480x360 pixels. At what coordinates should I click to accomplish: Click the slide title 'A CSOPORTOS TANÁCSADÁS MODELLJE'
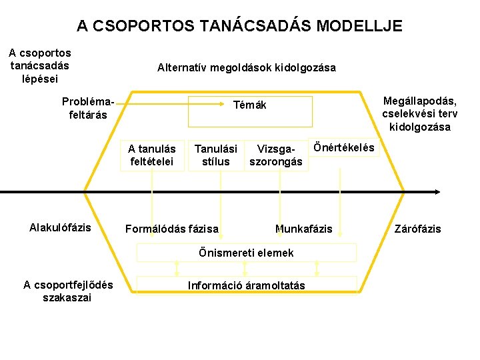239,26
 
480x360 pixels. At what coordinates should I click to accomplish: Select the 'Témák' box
250,111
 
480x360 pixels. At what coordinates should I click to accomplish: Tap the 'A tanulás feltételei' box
151,155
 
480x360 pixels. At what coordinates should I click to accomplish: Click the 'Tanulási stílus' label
215,155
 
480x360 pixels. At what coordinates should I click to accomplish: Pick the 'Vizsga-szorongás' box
275,155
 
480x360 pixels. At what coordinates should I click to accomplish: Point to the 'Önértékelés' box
343,147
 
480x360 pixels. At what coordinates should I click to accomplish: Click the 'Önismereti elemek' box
247,253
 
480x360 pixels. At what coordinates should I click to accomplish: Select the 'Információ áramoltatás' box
247,285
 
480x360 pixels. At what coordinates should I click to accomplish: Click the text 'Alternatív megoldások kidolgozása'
247,67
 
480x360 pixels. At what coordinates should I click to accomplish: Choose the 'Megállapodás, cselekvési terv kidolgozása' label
420,114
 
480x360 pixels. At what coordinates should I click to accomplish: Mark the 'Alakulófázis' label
60,227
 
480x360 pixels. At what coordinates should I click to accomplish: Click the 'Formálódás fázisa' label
172,229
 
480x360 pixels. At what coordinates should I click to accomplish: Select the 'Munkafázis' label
303,229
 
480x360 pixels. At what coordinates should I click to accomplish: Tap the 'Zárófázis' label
417,229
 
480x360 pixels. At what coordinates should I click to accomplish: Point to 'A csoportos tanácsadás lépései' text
40,65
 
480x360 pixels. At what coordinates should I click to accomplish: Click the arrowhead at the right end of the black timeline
437,192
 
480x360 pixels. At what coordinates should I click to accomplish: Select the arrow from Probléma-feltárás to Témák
153,104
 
